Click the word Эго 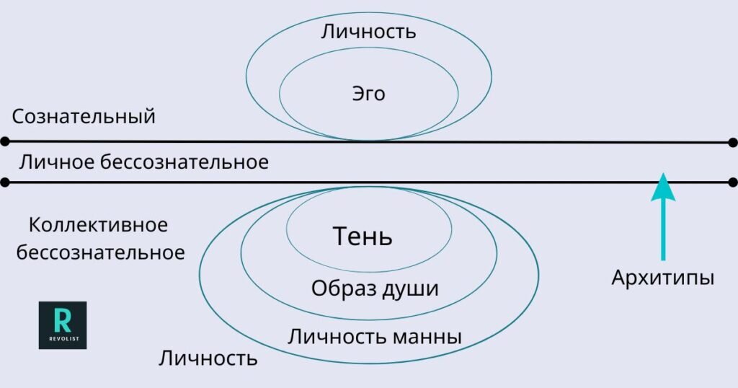pyautogui.click(x=368, y=94)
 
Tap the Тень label pyautogui.click(x=363, y=236)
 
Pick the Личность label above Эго pyautogui.click(x=368, y=32)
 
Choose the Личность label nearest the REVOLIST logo pyautogui.click(x=208, y=358)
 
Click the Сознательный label pyautogui.click(x=84, y=117)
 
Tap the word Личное pyautogui.click(x=55, y=162)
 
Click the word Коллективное pyautogui.click(x=99, y=225)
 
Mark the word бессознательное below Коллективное pyautogui.click(x=101, y=253)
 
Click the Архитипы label pyautogui.click(x=662, y=278)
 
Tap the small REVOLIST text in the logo pyautogui.click(x=63, y=338)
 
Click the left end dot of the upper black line pyautogui.click(x=5, y=141)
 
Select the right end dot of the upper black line pyautogui.click(x=733, y=142)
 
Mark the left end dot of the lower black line pyautogui.click(x=5, y=182)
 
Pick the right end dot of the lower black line pyautogui.click(x=733, y=182)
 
